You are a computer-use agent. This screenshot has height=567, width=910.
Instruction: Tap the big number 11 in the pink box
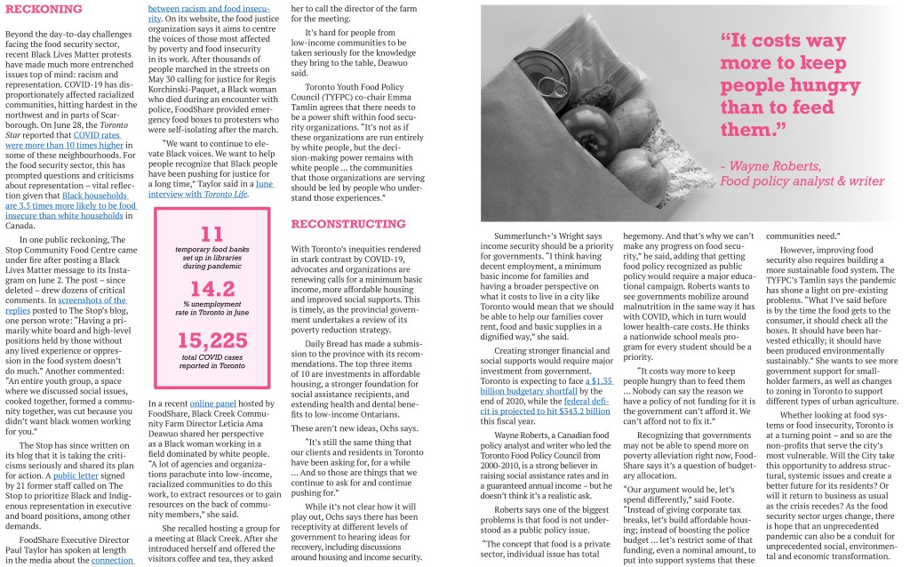click(212, 234)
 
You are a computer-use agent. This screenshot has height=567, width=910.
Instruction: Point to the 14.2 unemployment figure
click(212, 288)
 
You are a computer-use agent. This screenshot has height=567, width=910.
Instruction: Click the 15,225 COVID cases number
click(212, 341)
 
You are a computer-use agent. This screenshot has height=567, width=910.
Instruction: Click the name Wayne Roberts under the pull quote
click(775, 166)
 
